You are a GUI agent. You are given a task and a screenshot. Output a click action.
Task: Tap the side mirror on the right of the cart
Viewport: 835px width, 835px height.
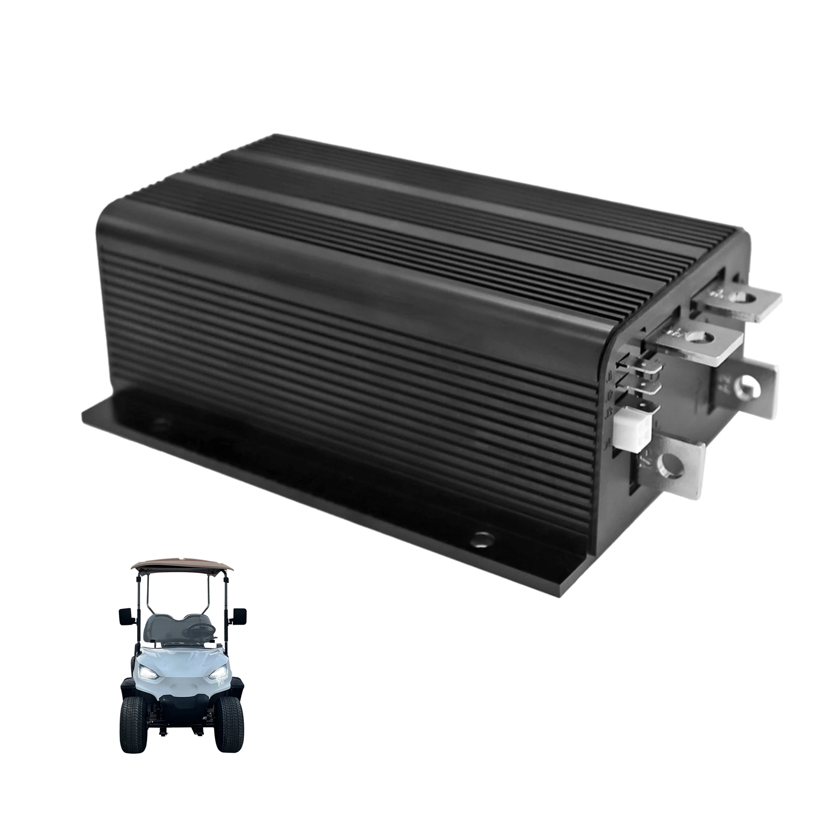click(x=239, y=616)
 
